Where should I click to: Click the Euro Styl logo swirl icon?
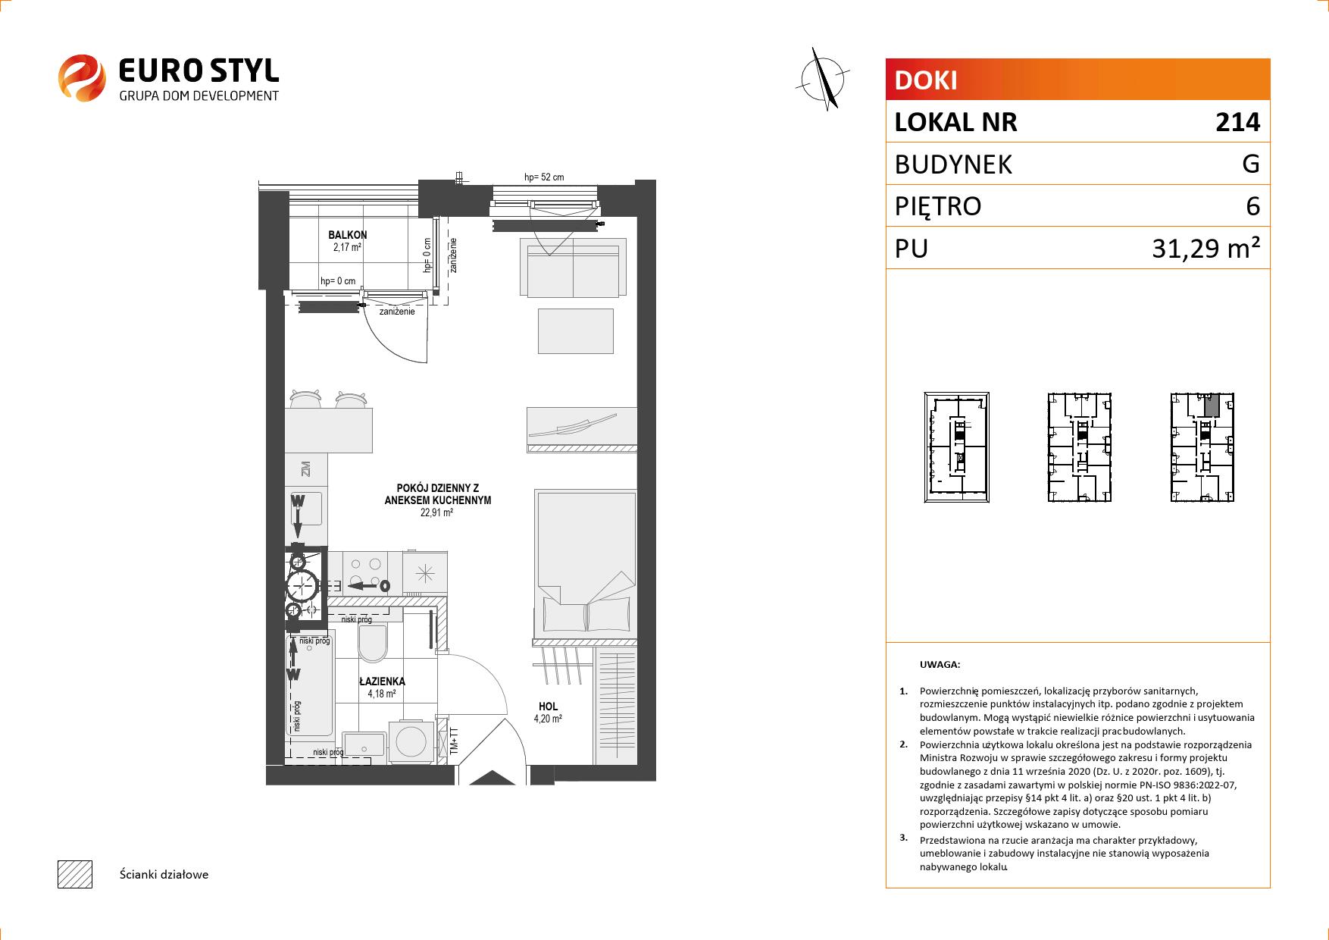pos(81,77)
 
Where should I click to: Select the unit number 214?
pos(1237,122)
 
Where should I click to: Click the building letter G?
pos(1251,164)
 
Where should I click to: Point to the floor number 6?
pos(1253,206)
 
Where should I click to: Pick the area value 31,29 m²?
pos(1206,248)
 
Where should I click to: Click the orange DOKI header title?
pos(926,80)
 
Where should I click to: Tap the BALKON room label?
pos(348,236)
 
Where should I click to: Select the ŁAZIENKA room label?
pos(382,681)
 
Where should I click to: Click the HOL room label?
pos(549,707)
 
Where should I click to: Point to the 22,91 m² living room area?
pos(437,512)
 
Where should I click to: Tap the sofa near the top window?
pos(574,268)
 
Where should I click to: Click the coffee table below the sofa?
pos(575,331)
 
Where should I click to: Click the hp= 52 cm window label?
pos(544,177)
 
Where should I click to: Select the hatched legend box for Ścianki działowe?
pos(75,874)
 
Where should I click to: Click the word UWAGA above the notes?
pos(940,665)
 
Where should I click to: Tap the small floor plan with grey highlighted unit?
pos(1202,447)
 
